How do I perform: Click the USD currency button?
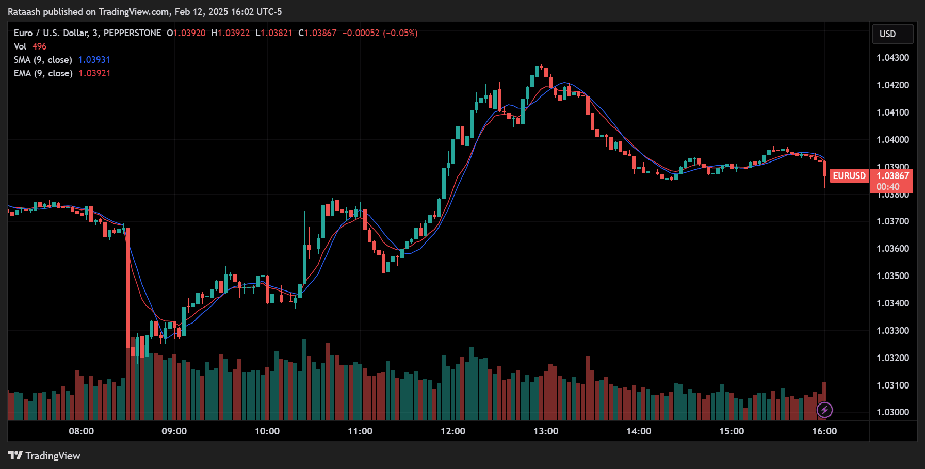point(892,34)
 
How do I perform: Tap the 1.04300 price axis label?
point(892,58)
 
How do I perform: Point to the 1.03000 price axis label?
point(892,412)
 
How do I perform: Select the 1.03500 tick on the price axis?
point(892,276)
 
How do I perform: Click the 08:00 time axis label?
point(82,431)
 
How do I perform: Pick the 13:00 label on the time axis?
point(546,431)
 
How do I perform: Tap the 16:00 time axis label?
point(824,431)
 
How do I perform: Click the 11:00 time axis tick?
point(360,431)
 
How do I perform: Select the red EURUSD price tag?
point(849,176)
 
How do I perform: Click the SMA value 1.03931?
point(94,60)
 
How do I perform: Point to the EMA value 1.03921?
point(94,73)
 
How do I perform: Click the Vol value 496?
point(39,46)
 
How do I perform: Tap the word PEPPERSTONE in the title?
point(132,33)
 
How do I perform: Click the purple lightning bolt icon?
point(824,410)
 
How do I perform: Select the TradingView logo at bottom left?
point(44,456)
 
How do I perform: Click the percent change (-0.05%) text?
point(400,33)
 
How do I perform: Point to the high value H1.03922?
point(230,33)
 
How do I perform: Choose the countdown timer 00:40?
point(888,187)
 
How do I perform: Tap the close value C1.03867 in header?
point(317,33)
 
